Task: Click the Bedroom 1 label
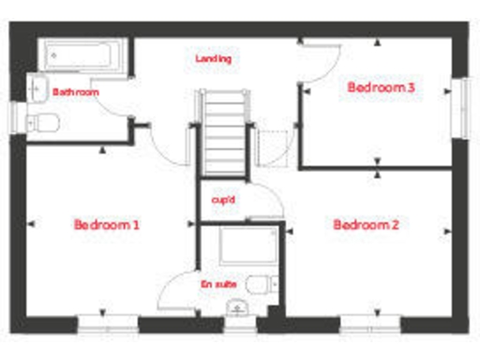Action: pyautogui.click(x=107, y=225)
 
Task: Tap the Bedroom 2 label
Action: pyautogui.click(x=367, y=225)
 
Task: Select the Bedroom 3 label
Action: pyautogui.click(x=382, y=87)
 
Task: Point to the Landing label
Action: pyautogui.click(x=213, y=58)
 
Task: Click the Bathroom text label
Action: pyautogui.click(x=76, y=92)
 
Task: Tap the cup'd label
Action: pyautogui.click(x=223, y=200)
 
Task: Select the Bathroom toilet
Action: pyautogui.click(x=44, y=121)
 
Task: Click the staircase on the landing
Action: pyautogui.click(x=223, y=131)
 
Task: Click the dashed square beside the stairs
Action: pyautogui.click(x=271, y=147)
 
